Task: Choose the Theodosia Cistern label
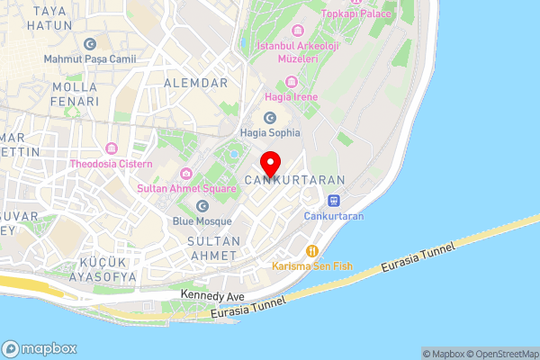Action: tap(112, 165)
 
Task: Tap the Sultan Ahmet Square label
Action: tap(185, 190)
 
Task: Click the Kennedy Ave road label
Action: tap(213, 294)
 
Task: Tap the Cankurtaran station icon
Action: tap(333, 201)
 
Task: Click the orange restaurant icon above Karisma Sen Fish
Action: tap(312, 251)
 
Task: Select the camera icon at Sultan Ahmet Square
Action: tap(185, 174)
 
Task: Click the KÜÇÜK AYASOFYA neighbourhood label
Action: tap(94, 270)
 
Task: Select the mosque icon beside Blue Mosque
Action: tap(202, 205)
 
